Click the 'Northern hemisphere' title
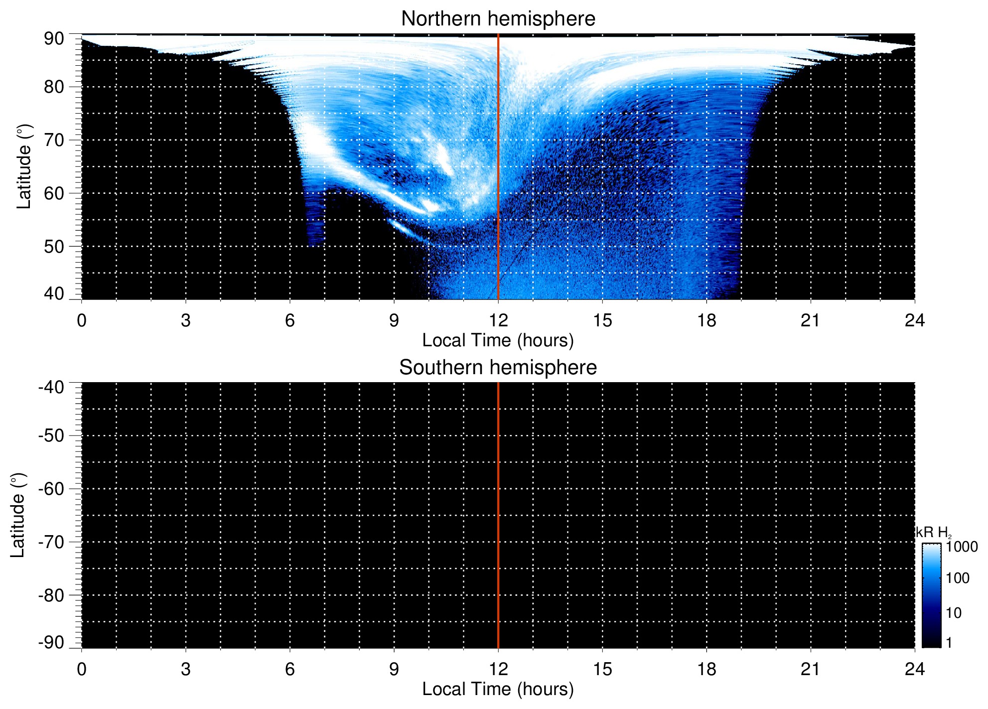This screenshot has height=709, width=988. click(x=498, y=19)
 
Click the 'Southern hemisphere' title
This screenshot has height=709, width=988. click(x=498, y=368)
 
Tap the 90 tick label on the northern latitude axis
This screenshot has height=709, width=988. click(x=54, y=39)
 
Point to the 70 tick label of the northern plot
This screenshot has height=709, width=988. click(x=54, y=140)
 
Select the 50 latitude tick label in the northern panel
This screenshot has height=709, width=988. click(x=54, y=247)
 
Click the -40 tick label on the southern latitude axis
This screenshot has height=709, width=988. click(x=51, y=387)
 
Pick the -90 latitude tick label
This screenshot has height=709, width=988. click(x=51, y=642)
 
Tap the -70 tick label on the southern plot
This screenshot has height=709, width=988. click(x=51, y=542)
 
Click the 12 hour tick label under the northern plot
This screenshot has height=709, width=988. click(x=498, y=320)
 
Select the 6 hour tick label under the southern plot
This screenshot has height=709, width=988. click(x=290, y=669)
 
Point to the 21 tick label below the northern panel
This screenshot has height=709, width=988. click(x=810, y=320)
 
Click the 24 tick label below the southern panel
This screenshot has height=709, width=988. click(x=914, y=669)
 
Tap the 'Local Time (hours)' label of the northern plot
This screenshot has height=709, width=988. click(x=498, y=340)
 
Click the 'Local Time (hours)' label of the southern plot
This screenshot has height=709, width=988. click(x=498, y=689)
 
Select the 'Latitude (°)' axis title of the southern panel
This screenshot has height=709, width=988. click(x=18, y=515)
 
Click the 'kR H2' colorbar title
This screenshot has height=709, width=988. click(x=933, y=533)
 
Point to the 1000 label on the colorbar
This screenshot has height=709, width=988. click(x=962, y=547)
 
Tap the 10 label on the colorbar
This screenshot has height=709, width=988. click(x=954, y=613)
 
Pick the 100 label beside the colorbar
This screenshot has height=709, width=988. click(x=958, y=578)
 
